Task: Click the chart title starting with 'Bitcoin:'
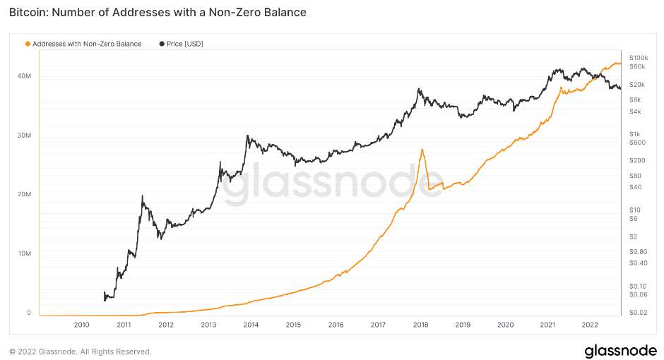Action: (x=158, y=12)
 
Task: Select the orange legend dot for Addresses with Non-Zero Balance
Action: (x=28, y=44)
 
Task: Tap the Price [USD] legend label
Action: (x=184, y=44)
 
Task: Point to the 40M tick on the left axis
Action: (x=24, y=76)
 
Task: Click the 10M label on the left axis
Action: (x=24, y=253)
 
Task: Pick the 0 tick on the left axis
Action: (x=29, y=313)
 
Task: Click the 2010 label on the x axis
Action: (x=81, y=325)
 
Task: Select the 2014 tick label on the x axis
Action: (x=251, y=325)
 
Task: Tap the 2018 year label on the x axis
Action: (x=420, y=325)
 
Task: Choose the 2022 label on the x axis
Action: (x=589, y=325)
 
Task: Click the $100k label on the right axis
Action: (x=639, y=58)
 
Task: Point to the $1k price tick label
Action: (x=634, y=134)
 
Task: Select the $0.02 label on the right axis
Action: (x=638, y=313)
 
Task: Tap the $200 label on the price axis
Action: (x=637, y=161)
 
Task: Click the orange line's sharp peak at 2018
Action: (x=422, y=150)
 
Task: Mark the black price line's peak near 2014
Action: (x=247, y=136)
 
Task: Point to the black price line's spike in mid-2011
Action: (x=142, y=196)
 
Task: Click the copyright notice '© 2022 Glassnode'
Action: (x=80, y=352)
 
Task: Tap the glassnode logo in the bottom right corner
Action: (x=620, y=351)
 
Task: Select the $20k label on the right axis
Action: (x=637, y=85)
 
